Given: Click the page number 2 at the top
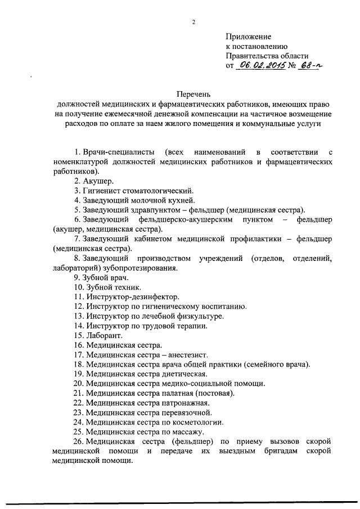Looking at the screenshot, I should click(193, 22).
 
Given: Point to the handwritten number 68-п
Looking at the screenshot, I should click(309, 65).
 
